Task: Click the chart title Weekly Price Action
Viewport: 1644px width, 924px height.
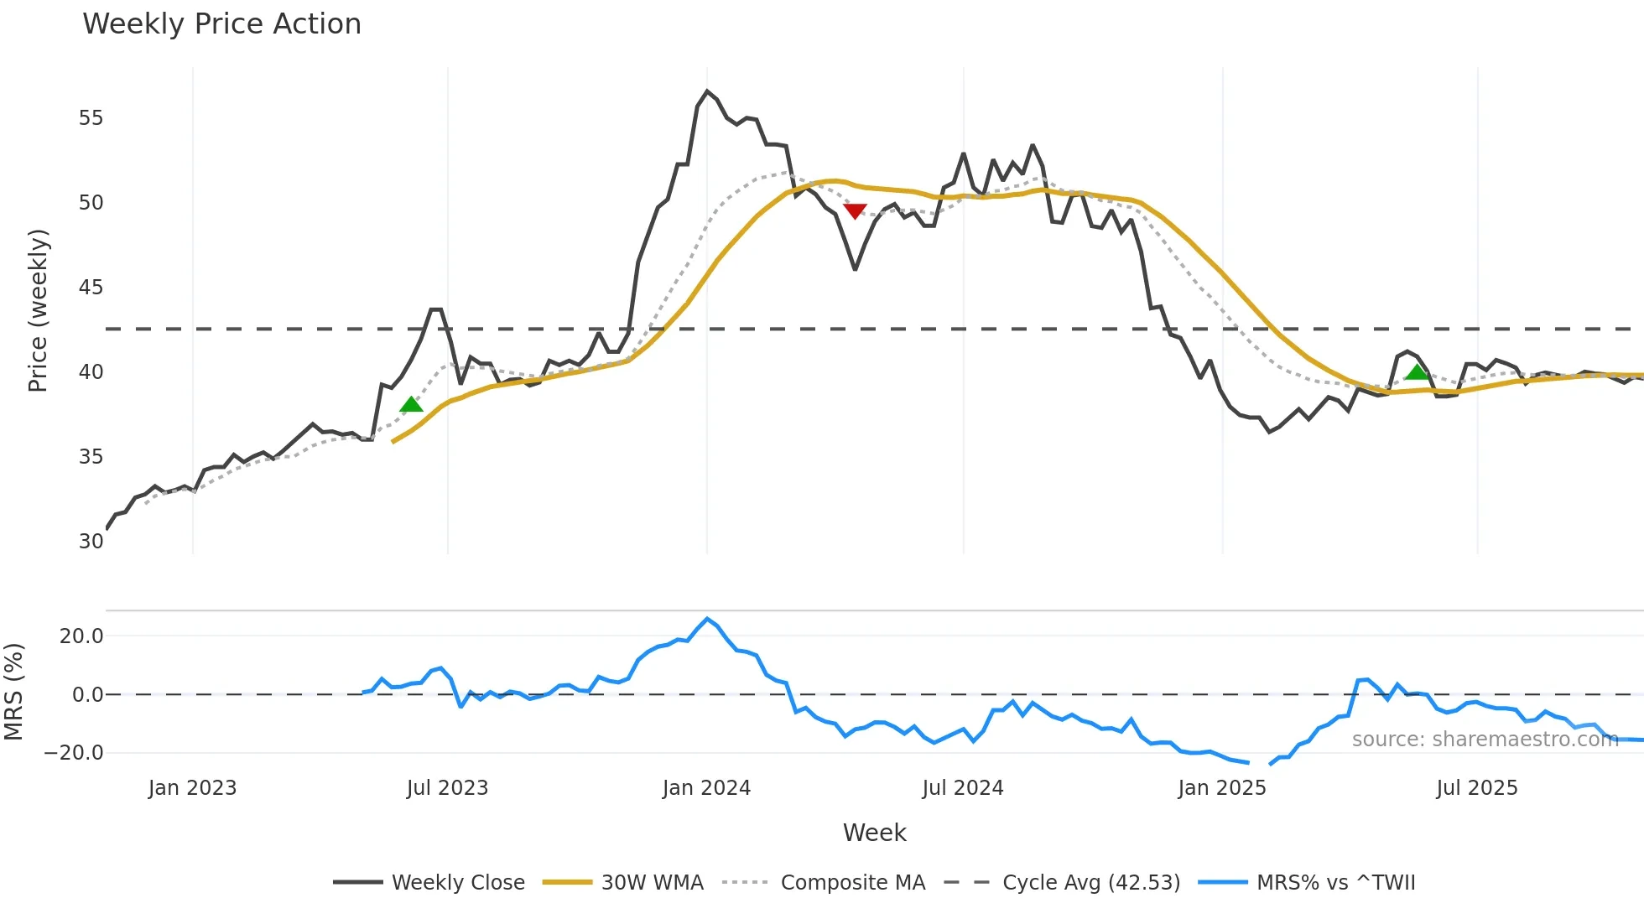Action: click(x=221, y=24)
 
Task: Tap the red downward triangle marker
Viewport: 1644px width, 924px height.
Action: click(x=855, y=211)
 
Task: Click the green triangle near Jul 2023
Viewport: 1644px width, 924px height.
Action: click(x=411, y=405)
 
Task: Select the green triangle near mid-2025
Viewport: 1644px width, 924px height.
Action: click(x=1417, y=372)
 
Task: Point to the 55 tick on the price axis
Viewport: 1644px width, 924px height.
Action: click(x=91, y=118)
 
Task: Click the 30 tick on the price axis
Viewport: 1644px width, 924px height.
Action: click(x=91, y=542)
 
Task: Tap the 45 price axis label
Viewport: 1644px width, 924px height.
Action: click(x=91, y=288)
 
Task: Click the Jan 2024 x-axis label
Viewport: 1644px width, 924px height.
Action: click(x=706, y=788)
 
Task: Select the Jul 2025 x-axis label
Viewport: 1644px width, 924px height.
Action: click(x=1476, y=788)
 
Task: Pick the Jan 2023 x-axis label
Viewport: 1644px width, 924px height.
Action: click(x=192, y=788)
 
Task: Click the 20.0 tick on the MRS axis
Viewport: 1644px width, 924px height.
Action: click(x=81, y=636)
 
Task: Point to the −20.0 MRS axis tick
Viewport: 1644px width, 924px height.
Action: click(x=74, y=753)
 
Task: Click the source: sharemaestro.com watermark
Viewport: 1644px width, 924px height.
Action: click(x=1485, y=740)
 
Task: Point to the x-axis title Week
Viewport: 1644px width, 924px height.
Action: click(x=874, y=833)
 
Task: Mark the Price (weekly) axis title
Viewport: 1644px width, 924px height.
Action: click(x=39, y=310)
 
